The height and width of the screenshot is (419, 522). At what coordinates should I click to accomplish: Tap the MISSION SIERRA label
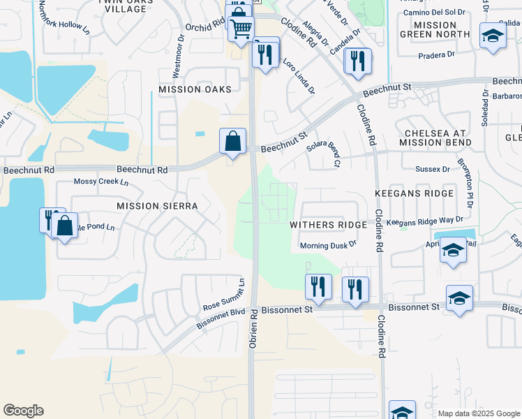tap(157, 206)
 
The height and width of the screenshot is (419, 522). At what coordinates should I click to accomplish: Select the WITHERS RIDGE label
tap(329, 225)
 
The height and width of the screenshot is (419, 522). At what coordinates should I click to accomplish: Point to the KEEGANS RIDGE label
tap(414, 193)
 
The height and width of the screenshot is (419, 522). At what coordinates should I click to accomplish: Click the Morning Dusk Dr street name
tap(328, 245)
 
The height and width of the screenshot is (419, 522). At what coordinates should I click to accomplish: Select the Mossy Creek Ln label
tap(101, 182)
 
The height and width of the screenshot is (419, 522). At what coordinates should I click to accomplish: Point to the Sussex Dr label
tap(432, 169)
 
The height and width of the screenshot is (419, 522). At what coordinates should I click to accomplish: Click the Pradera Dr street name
tap(436, 55)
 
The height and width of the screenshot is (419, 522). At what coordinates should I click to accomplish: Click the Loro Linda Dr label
tap(299, 77)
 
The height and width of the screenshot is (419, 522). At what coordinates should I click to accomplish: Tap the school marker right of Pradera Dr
tap(493, 36)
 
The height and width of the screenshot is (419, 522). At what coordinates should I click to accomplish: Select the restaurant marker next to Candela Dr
tap(357, 61)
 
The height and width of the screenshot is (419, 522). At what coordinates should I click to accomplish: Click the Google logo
tap(23, 411)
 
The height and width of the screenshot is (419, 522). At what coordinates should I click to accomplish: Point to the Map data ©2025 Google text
tap(478, 413)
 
